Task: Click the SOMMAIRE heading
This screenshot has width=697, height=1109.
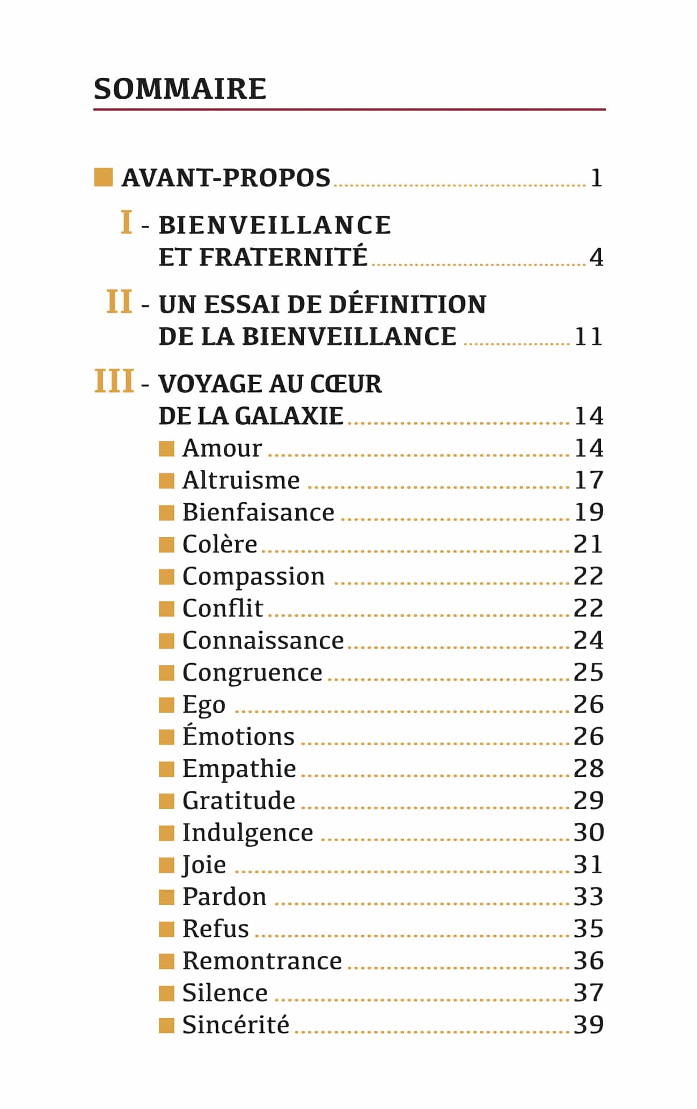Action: point(180,89)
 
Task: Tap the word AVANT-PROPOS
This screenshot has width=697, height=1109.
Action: point(226,178)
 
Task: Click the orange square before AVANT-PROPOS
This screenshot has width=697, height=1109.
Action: point(103,177)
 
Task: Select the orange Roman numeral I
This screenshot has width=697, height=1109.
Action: point(126,223)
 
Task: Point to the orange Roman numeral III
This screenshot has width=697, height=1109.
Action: point(114,381)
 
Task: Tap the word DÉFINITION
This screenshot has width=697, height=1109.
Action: point(407,304)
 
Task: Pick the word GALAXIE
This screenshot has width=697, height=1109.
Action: point(289,416)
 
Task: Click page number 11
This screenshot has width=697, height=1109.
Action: point(589,337)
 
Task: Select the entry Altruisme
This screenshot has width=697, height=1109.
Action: point(241,480)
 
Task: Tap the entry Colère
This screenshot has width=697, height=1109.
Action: point(220,544)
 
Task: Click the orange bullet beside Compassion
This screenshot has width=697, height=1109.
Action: point(166,577)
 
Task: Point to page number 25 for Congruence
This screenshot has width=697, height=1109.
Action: point(589,672)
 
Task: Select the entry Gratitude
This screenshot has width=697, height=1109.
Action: point(239,800)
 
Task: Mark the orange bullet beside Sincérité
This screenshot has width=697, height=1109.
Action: point(166,1025)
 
